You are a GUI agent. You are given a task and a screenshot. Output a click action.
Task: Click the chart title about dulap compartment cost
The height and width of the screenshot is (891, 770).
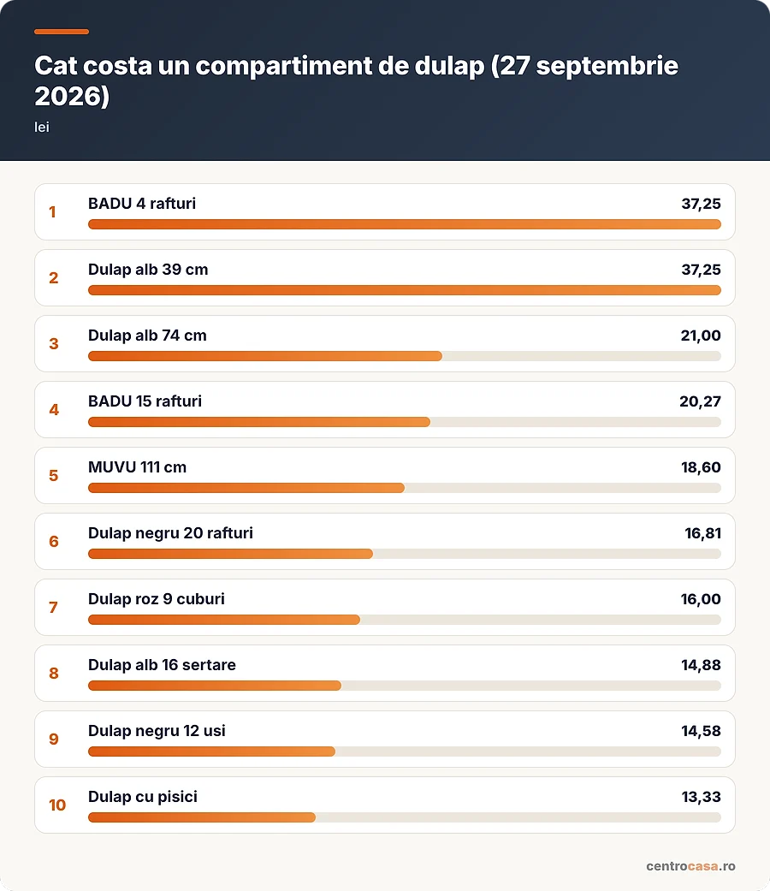[x=356, y=80]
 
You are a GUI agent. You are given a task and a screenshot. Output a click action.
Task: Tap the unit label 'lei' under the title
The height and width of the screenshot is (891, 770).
[x=41, y=128]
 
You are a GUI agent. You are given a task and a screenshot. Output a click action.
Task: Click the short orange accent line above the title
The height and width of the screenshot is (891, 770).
[x=62, y=32]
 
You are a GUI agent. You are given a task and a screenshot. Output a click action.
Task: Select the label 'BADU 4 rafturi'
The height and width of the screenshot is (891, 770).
[x=142, y=204]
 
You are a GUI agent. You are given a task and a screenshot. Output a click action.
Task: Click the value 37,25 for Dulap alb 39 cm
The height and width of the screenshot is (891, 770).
[x=701, y=270]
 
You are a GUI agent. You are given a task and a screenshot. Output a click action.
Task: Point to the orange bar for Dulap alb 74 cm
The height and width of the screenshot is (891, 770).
[x=265, y=356]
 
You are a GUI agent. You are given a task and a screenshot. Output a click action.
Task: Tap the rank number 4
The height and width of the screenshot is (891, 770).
[x=53, y=410]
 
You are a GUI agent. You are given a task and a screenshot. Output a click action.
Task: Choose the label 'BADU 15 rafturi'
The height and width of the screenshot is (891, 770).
[x=145, y=401]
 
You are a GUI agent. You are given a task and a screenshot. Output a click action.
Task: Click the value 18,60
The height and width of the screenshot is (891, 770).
[x=701, y=467]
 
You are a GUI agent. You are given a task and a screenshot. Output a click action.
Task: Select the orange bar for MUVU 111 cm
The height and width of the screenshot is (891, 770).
[x=246, y=488]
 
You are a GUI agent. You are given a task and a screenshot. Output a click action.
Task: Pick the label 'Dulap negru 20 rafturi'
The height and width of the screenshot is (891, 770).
[x=170, y=533]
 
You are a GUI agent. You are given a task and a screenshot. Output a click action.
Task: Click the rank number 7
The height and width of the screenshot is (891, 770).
[x=53, y=608]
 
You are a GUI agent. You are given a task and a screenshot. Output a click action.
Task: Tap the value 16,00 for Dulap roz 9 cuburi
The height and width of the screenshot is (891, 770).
[x=701, y=599]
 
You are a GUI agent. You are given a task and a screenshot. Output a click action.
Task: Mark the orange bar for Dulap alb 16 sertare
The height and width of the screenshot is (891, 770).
[x=215, y=686]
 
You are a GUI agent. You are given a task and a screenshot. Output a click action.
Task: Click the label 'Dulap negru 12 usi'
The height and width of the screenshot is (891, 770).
[x=157, y=731]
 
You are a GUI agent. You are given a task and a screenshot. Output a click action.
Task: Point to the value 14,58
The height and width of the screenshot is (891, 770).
[x=701, y=731]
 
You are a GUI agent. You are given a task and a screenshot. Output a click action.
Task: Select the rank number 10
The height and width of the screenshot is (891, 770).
[x=56, y=805]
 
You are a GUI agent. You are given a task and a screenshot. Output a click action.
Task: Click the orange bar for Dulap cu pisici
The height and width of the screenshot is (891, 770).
[x=202, y=817]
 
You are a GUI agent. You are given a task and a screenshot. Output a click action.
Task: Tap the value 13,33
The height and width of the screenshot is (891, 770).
[x=701, y=797]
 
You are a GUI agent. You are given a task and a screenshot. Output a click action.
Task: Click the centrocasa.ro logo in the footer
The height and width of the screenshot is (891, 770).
[x=690, y=866]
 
